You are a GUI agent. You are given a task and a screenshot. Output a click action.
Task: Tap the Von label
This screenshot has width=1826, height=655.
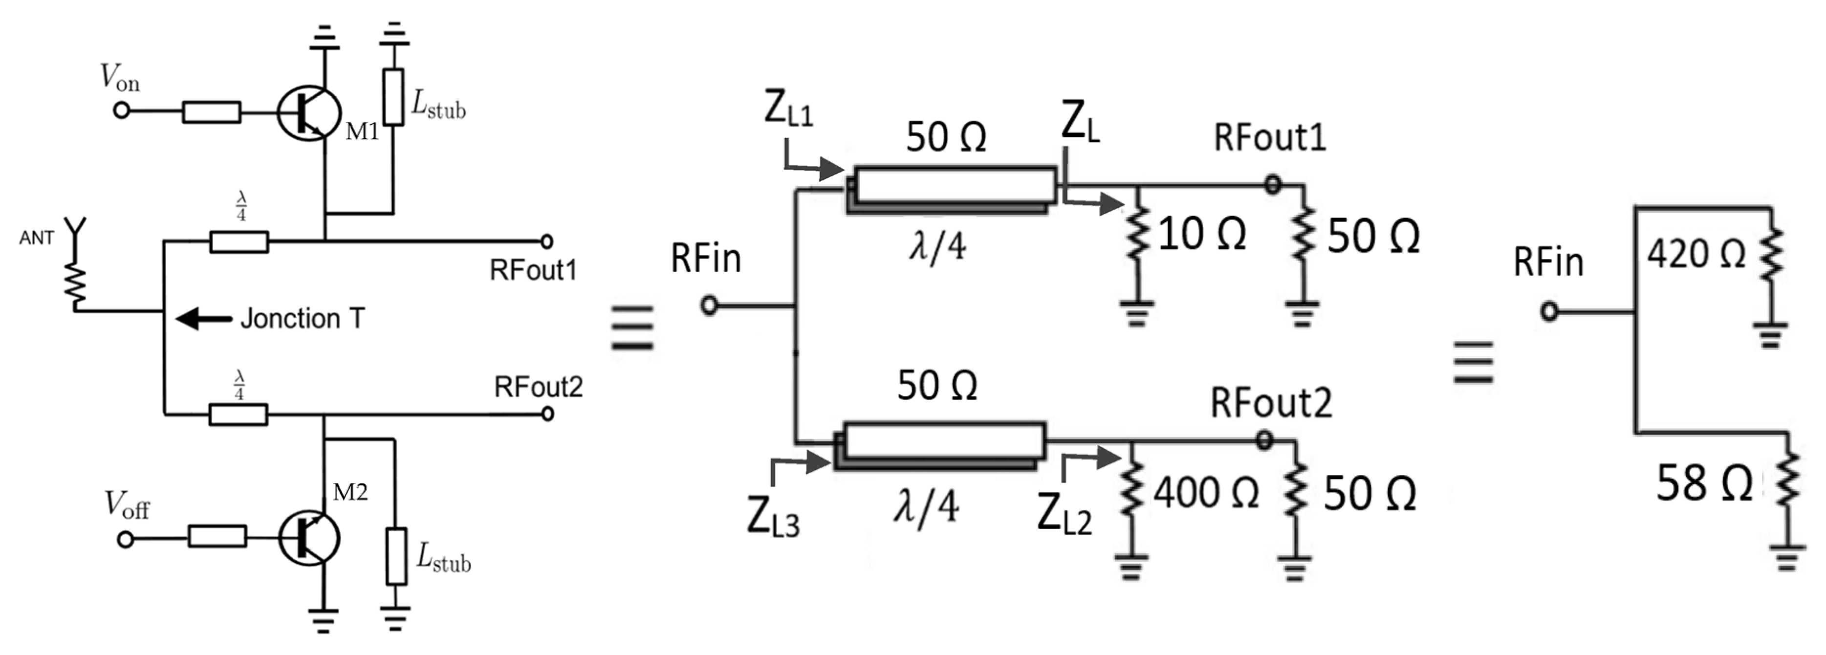[120, 78]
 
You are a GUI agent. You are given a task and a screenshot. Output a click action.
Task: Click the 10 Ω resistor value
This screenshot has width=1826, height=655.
[1201, 234]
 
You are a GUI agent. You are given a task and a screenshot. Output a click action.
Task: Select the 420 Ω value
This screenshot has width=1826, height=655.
[1695, 254]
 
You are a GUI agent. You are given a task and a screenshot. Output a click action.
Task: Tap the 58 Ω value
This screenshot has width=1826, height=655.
[1703, 484]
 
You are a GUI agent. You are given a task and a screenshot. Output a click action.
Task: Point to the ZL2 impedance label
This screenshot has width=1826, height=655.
[1063, 513]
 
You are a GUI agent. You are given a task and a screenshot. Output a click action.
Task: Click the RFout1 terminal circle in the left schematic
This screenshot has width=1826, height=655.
[546, 242]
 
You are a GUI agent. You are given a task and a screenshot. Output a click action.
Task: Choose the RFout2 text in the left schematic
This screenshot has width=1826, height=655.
[538, 387]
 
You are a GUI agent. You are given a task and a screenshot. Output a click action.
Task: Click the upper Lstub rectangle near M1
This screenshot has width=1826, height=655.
[393, 97]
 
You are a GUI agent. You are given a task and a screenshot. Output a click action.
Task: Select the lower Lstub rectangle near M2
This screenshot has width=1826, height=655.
[396, 556]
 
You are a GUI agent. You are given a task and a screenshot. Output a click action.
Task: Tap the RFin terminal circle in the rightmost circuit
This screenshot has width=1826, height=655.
[1549, 311]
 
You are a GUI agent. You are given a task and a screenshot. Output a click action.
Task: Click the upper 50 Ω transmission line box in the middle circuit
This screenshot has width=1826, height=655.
[954, 185]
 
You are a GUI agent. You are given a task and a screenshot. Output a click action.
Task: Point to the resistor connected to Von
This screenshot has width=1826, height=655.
[211, 112]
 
